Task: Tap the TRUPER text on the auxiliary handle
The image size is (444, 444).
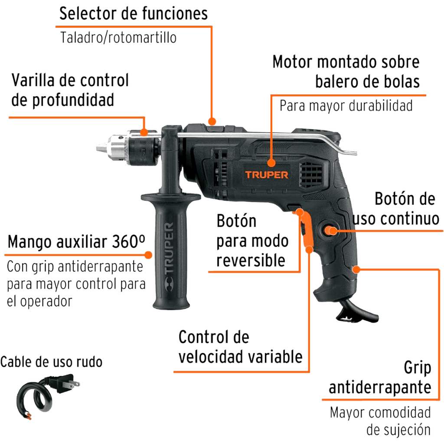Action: coord(169,252)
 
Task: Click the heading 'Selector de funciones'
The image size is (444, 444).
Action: coord(134,13)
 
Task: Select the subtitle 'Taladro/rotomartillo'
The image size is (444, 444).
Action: coord(118,38)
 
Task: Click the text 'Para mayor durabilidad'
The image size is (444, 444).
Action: coord(346,106)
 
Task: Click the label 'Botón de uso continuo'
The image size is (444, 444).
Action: coord(395,209)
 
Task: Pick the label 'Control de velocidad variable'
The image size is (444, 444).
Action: coord(240,347)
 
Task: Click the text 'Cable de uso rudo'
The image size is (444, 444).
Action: coord(51,362)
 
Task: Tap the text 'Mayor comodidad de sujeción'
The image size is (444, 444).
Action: coord(380,421)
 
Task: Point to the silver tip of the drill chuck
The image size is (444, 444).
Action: coord(101,147)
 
